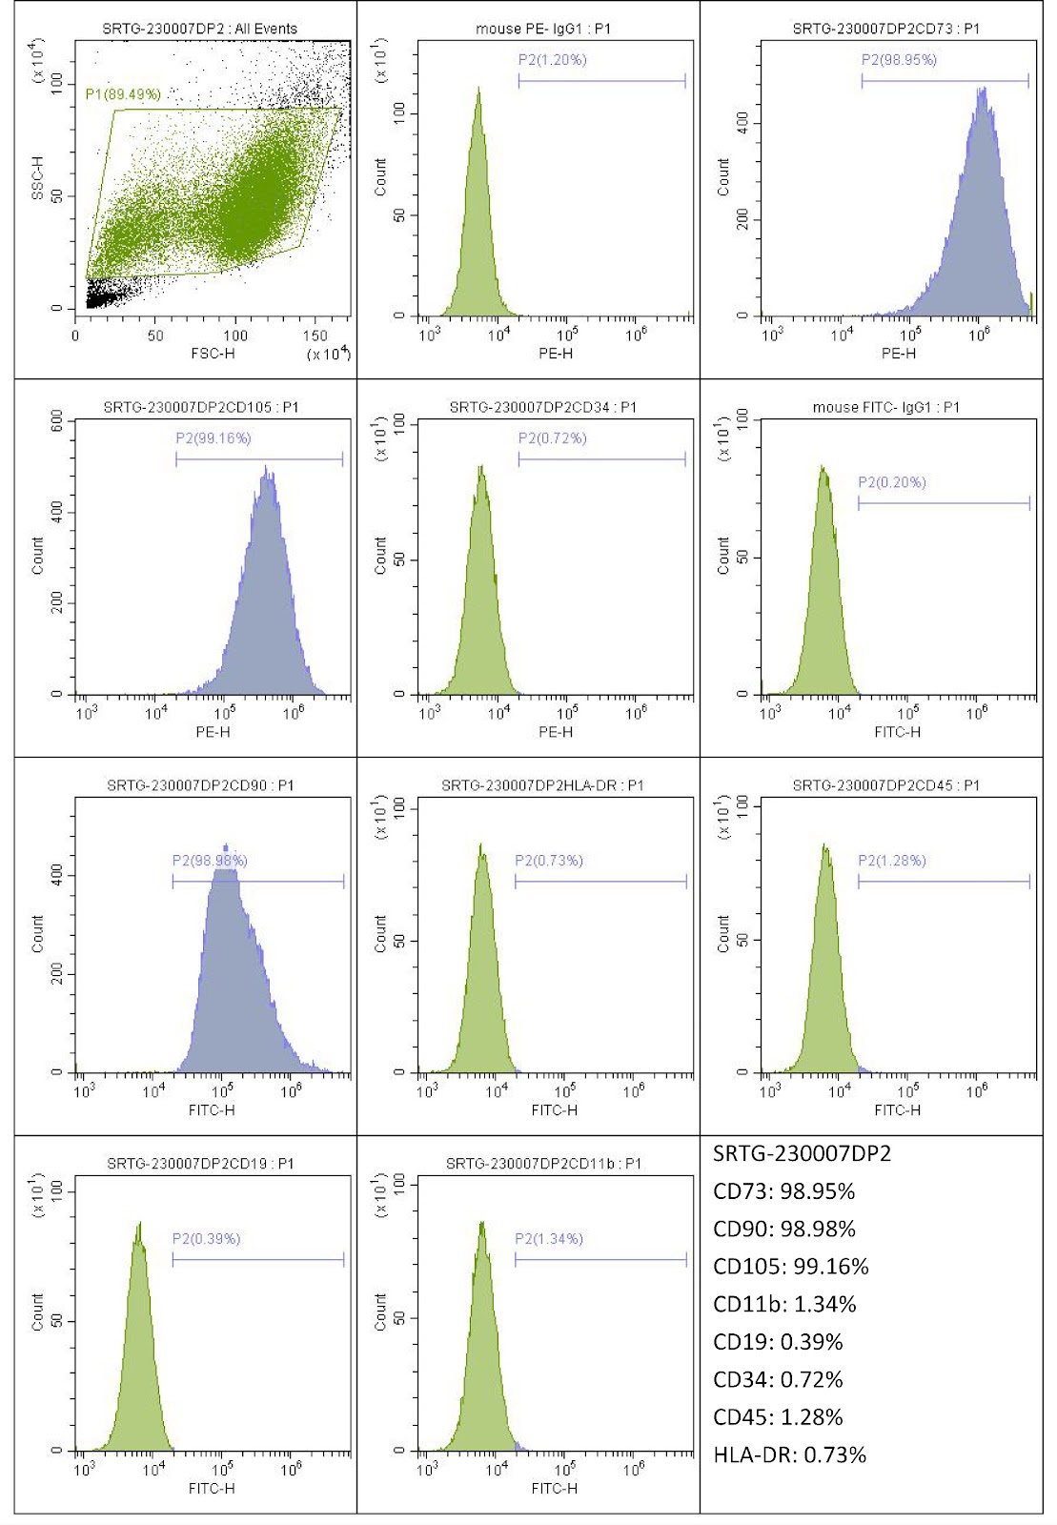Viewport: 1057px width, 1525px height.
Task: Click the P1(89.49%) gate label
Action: (123, 94)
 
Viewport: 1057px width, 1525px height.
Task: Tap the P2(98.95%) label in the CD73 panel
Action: (899, 60)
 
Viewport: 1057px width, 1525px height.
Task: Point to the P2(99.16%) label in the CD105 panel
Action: (213, 438)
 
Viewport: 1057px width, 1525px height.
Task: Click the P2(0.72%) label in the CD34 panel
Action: (553, 438)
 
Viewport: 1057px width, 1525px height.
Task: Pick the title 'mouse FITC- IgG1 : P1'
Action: (885, 407)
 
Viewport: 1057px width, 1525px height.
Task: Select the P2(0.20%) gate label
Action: (891, 482)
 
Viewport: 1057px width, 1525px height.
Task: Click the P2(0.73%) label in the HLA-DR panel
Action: (549, 861)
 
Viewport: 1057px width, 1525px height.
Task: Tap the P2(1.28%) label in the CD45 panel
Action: (891, 861)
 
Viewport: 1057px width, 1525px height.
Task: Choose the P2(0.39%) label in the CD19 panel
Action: (206, 1238)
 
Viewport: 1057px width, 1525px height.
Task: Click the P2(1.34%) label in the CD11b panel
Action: (549, 1238)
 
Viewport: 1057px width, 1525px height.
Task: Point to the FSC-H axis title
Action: (213, 354)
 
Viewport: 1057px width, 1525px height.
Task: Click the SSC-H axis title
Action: (38, 178)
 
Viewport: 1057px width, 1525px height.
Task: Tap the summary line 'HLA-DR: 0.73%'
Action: (789, 1454)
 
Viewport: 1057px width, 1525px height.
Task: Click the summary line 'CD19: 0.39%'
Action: (778, 1342)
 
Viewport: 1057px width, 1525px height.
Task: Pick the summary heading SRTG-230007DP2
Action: (802, 1153)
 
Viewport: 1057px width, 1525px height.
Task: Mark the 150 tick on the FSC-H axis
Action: (315, 335)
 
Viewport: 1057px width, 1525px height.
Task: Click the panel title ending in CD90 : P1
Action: (200, 785)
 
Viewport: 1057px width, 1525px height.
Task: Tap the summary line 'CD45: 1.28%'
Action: (778, 1417)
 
